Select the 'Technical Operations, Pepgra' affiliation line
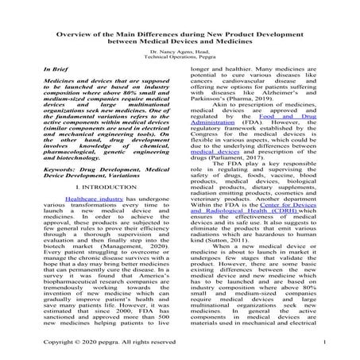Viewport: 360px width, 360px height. coord(180,57)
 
